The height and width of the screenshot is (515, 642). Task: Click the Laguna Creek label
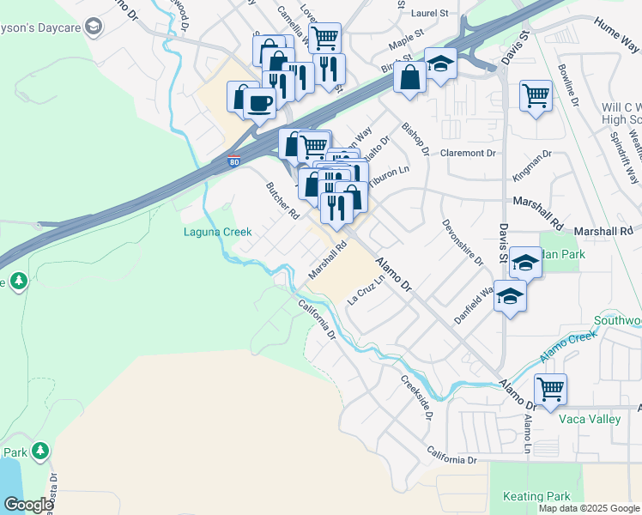coord(217,232)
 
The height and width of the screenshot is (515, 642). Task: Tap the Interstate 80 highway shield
coord(234,160)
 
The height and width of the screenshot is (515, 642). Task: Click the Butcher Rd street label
coord(282,199)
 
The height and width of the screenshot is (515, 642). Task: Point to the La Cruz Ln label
coord(364,292)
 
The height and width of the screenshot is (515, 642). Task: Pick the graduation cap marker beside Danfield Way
coord(511,296)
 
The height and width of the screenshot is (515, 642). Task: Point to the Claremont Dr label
coord(469,154)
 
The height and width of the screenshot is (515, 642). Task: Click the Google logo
coord(28,504)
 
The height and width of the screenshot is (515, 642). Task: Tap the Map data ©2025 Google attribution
coord(588,508)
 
